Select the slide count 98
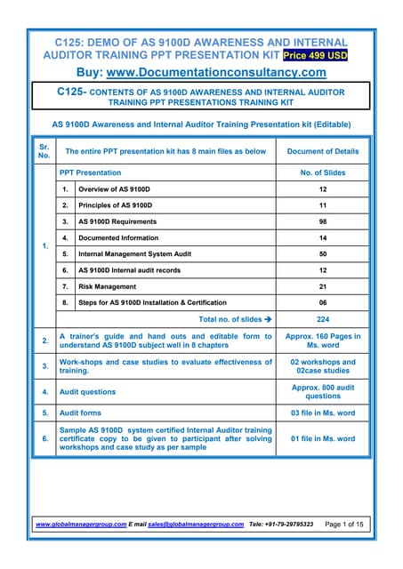click(x=323, y=221)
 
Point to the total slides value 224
click(x=323, y=319)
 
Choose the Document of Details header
click(x=323, y=153)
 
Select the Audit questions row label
click(x=87, y=391)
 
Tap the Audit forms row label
click(x=83, y=413)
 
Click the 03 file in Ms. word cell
click(x=323, y=413)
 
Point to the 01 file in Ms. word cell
click(x=323, y=438)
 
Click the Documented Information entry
click(x=119, y=238)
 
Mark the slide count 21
click(x=323, y=286)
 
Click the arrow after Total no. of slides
click(x=267, y=319)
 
